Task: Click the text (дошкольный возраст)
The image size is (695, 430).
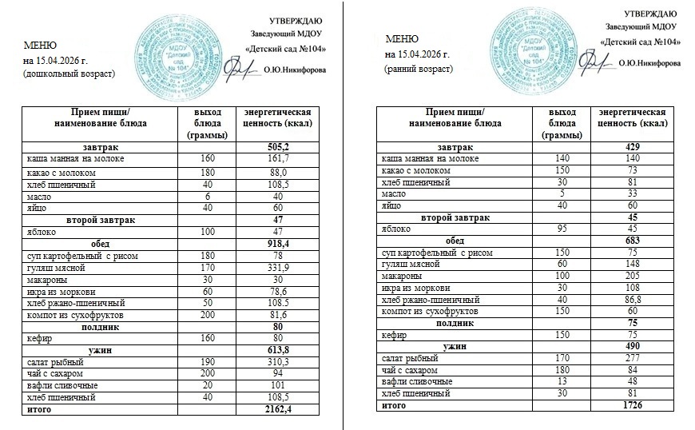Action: (69, 74)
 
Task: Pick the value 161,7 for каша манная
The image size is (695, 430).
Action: (275, 160)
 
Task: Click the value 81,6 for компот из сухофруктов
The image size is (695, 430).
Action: (275, 314)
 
